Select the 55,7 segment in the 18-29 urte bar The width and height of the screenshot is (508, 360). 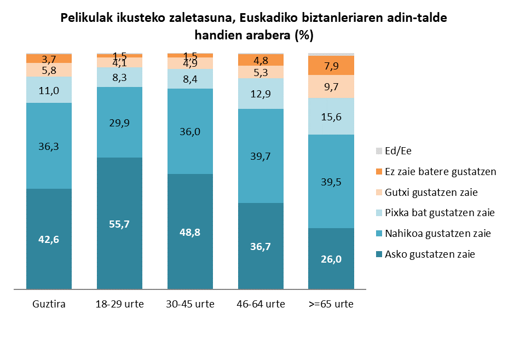(119, 224)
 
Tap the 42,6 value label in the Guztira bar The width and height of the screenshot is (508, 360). (49, 240)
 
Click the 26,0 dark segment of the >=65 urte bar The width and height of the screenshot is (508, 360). (331, 259)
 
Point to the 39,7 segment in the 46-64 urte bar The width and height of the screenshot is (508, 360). (261, 156)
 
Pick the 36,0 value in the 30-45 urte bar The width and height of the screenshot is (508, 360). (190, 132)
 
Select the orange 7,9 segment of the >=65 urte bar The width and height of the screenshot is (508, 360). (331, 66)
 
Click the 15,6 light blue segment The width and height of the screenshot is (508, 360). (331, 117)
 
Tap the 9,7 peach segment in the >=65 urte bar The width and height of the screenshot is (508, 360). (331, 86)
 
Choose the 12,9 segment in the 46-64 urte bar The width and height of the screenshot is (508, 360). (261, 94)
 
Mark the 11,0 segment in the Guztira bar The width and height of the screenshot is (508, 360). (49, 90)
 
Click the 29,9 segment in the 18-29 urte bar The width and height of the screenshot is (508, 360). (119, 123)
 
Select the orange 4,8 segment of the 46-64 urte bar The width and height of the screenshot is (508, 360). (261, 60)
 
